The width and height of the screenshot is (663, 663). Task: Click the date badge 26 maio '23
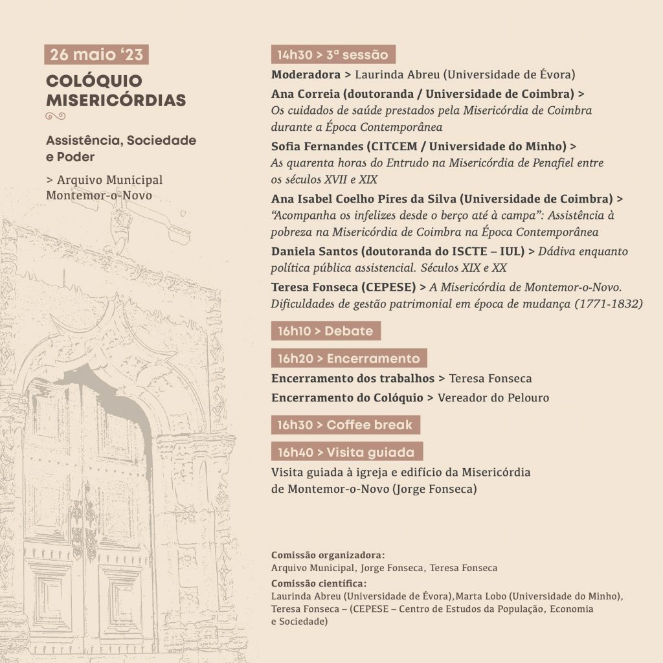tap(96, 54)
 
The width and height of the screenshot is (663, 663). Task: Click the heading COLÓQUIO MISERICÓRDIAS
tap(115, 91)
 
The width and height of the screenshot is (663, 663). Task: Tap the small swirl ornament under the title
tap(56, 116)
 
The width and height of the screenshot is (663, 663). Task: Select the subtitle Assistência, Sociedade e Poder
tap(120, 149)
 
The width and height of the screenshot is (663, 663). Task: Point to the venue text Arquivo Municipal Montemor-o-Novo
tap(104, 187)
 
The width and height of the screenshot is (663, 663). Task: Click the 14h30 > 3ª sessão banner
tap(333, 54)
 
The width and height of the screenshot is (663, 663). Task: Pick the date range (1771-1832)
tap(609, 303)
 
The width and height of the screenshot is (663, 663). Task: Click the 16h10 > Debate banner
tap(326, 331)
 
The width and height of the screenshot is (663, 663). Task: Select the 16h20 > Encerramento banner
tap(349, 358)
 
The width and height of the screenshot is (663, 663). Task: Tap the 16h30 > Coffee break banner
tap(346, 425)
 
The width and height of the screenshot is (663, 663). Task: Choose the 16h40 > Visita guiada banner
tap(347, 451)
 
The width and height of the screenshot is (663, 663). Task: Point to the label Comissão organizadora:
tap(328, 556)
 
